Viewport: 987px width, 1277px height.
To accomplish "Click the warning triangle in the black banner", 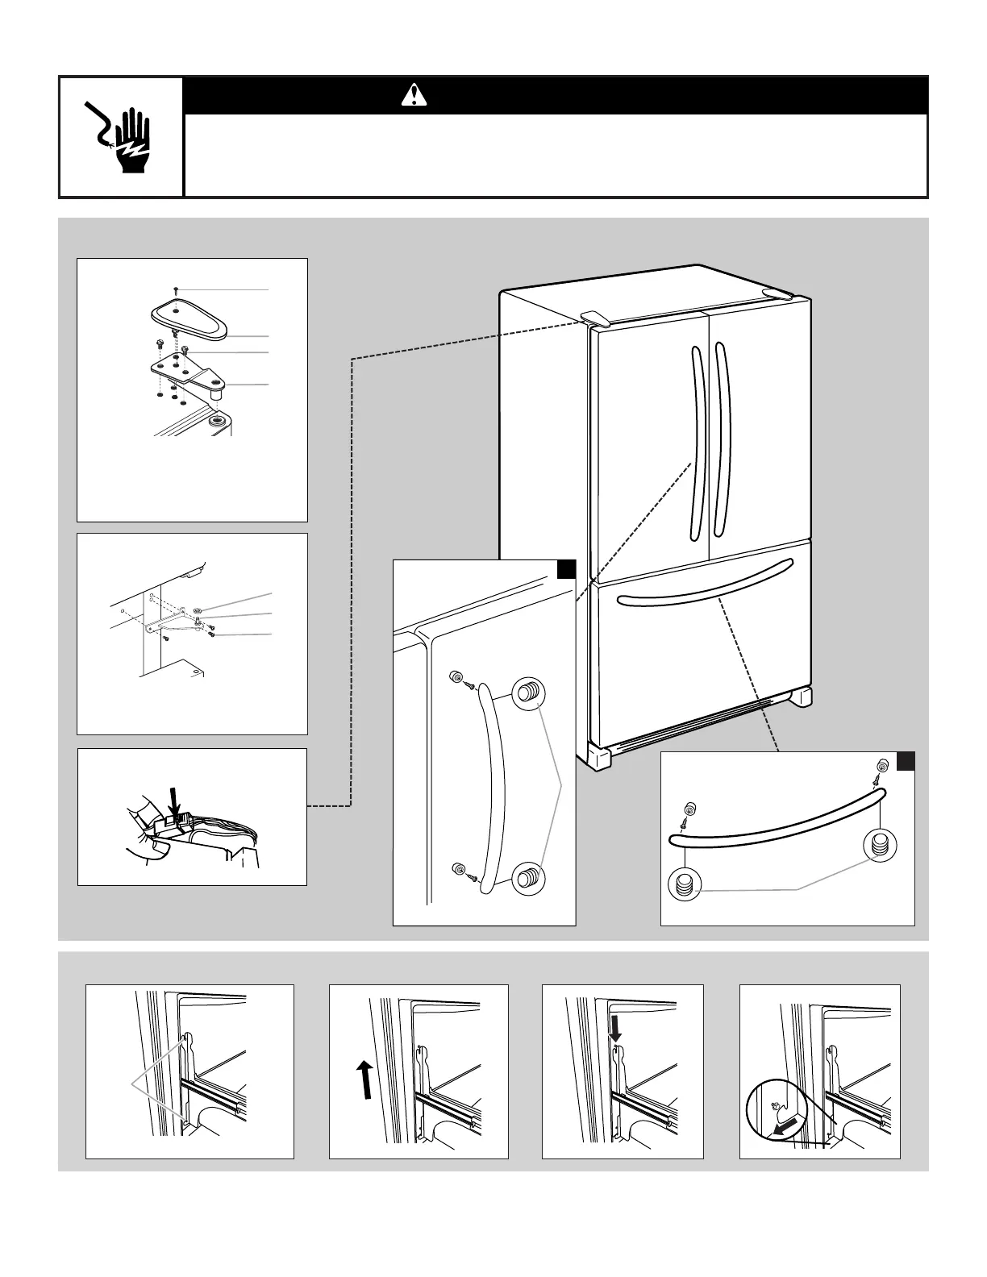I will click(414, 96).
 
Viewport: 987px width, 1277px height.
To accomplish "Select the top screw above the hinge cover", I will click(176, 288).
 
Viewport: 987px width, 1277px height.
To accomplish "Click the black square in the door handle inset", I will click(566, 570).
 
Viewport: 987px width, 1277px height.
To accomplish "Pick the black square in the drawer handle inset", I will click(906, 762).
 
